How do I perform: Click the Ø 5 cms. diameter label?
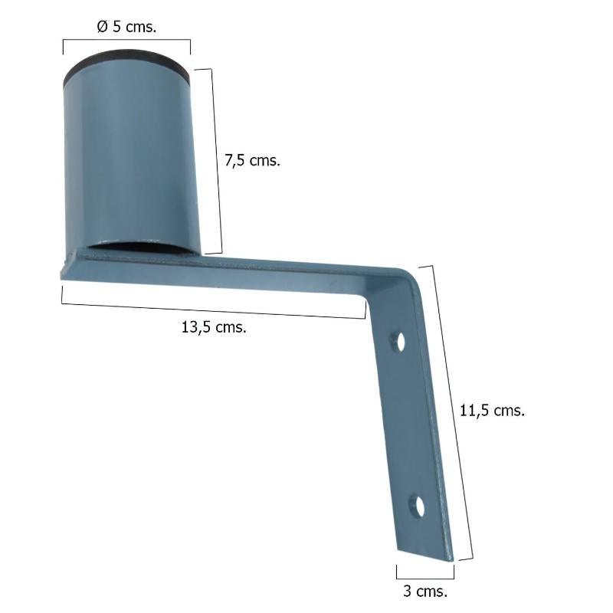(127, 27)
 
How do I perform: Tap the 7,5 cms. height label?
(253, 161)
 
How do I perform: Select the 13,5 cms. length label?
(214, 327)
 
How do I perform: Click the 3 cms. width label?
(425, 592)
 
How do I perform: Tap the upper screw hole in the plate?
(398, 341)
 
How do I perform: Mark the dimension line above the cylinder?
(126, 40)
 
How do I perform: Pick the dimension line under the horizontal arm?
(214, 311)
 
